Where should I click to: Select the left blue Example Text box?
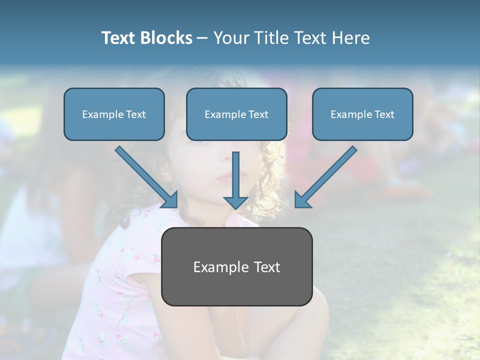coord(114,114)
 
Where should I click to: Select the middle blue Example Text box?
coord(236,114)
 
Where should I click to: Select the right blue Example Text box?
coord(362,114)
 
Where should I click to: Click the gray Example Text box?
coord(236,266)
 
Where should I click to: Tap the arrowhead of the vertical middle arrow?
coord(235,202)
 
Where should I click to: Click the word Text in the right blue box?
coord(384,114)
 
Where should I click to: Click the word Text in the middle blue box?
coord(258,114)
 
